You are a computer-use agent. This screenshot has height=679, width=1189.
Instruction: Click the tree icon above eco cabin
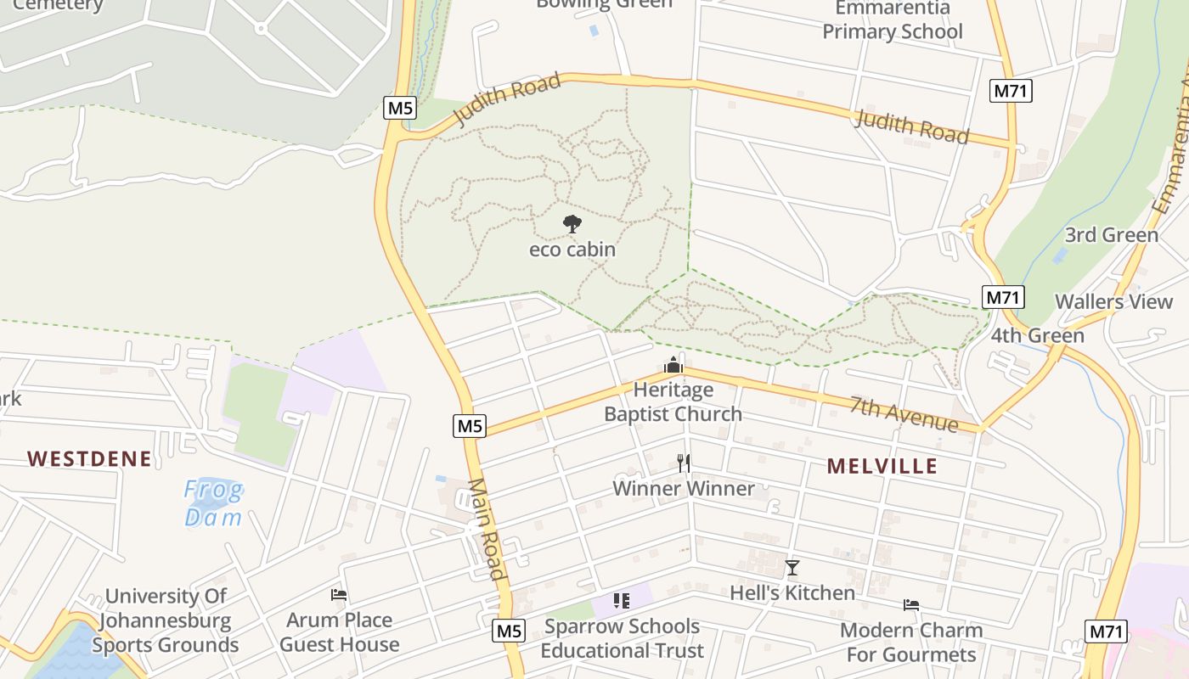point(572,224)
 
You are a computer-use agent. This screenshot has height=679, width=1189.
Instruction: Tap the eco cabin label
point(572,250)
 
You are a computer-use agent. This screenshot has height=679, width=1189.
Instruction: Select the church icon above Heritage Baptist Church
point(673,365)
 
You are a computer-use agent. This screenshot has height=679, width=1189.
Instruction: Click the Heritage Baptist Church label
point(673,402)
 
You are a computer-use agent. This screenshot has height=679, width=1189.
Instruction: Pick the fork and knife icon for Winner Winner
point(684,463)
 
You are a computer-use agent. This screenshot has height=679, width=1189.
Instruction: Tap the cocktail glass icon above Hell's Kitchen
point(792,568)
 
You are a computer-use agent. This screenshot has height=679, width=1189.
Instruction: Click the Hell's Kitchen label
point(792,592)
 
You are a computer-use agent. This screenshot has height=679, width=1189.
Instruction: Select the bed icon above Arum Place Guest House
point(339,595)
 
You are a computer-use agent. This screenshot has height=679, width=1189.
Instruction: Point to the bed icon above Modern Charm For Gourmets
point(911,605)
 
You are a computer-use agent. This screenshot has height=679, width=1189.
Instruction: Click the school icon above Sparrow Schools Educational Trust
point(622,601)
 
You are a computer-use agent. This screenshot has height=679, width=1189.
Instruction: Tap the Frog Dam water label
point(213,503)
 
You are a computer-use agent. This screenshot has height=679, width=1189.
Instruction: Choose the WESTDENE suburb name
point(89,459)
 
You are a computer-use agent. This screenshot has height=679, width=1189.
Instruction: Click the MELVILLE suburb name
point(882,466)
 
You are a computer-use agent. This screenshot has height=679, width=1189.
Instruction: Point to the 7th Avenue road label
point(904,415)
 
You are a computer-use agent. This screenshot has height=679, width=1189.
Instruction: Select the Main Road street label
point(487,529)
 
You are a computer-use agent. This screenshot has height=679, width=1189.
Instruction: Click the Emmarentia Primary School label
point(893,20)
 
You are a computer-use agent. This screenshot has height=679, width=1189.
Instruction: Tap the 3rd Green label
point(1111,235)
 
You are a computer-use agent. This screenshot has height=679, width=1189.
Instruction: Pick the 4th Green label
point(1037,335)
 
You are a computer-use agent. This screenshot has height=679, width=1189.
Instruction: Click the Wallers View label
point(1113,301)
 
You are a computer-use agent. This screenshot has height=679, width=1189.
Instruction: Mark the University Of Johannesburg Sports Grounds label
point(166,620)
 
